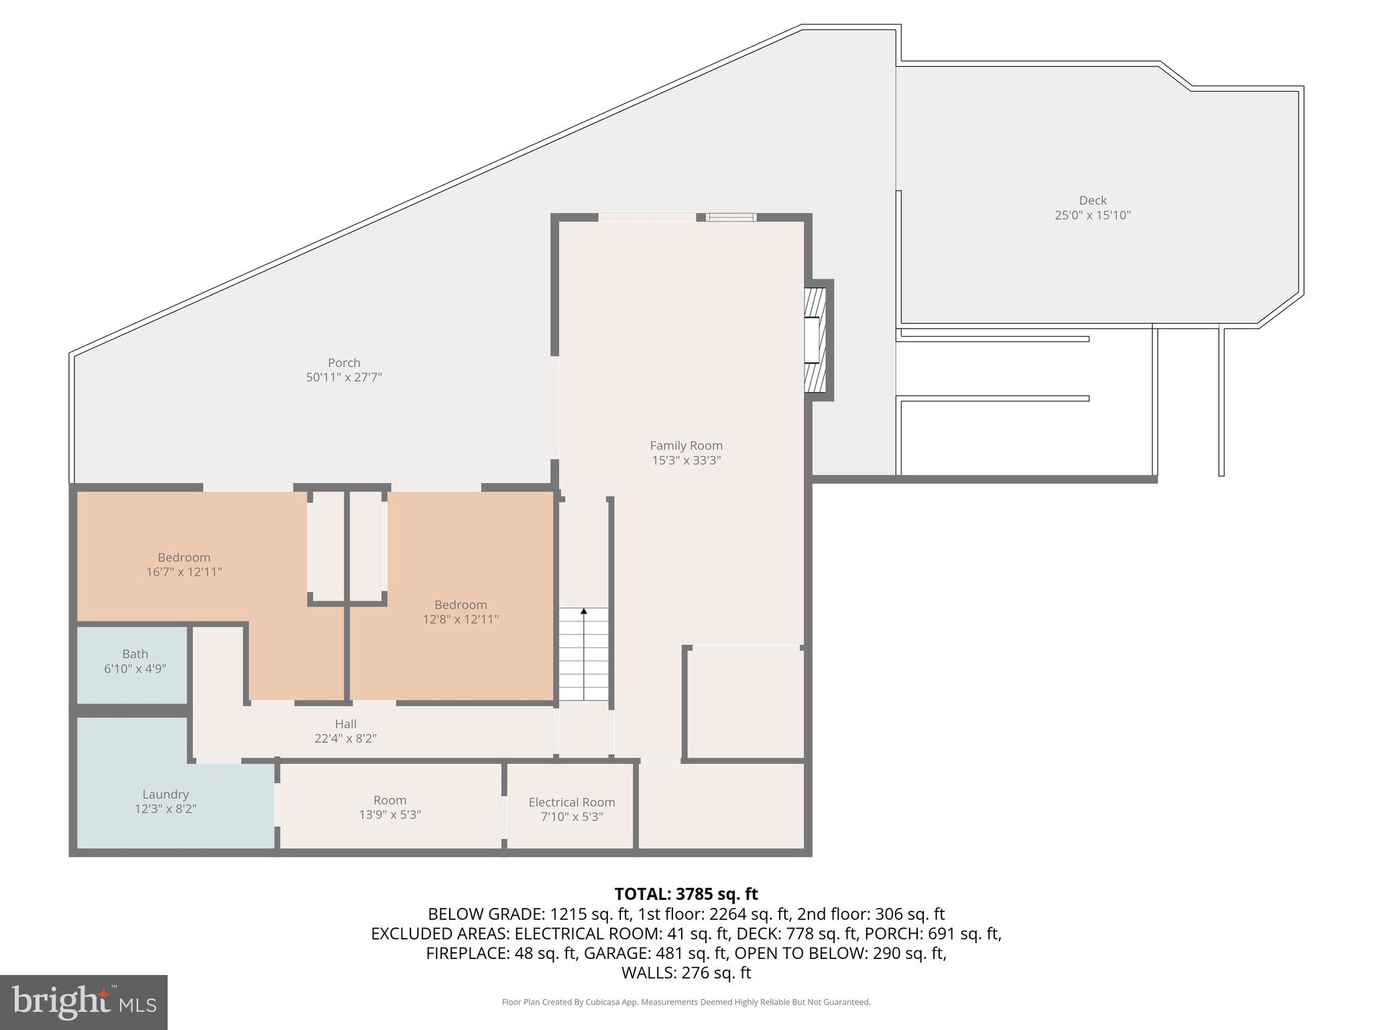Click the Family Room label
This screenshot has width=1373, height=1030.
click(x=686, y=445)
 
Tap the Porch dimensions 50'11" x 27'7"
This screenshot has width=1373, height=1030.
click(x=344, y=378)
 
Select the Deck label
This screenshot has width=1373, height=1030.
click(x=1092, y=201)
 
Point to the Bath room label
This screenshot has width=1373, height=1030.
click(x=135, y=654)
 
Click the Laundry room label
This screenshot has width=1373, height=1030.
click(x=165, y=795)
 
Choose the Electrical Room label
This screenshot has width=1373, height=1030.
click(x=571, y=802)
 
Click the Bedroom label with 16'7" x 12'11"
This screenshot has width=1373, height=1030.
click(x=184, y=557)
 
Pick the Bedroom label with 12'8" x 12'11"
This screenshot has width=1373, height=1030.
click(x=460, y=605)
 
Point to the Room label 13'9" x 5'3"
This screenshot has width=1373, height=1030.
click(x=390, y=800)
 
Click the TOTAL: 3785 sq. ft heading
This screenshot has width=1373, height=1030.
click(x=686, y=894)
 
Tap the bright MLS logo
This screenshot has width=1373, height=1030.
click(x=84, y=1002)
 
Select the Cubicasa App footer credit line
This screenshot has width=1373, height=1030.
click(x=686, y=1002)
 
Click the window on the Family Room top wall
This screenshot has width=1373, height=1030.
click(x=731, y=217)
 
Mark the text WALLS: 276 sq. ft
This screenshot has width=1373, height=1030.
click(x=686, y=973)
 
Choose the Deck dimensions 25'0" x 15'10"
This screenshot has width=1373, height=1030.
click(x=1092, y=216)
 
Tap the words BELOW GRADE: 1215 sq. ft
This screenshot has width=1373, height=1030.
click(x=529, y=914)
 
